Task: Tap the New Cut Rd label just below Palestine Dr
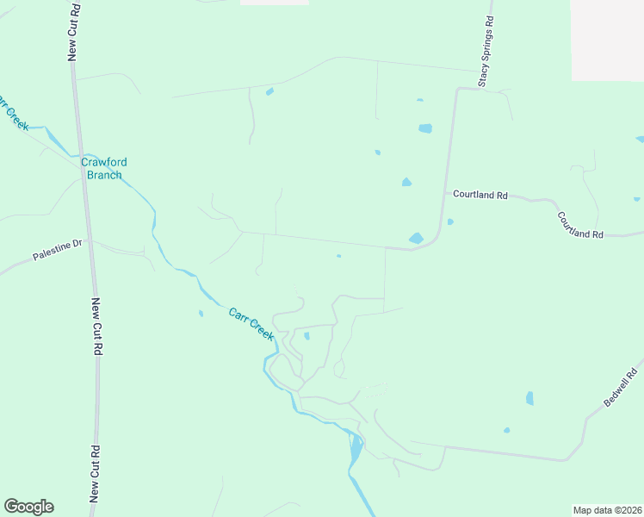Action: coord(98,327)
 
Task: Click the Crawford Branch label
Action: coord(102,168)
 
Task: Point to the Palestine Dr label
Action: coord(57,251)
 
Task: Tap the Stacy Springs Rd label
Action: coord(486,52)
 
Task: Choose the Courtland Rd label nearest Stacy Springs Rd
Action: coord(480,195)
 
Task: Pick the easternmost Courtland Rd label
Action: coord(579,225)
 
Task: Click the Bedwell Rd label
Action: coord(620,387)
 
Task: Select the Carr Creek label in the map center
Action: coord(251,323)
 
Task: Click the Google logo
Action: coord(28,507)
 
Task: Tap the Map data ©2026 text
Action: coord(607,509)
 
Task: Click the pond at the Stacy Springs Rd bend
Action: coord(417,238)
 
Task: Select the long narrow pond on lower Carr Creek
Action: coord(356,448)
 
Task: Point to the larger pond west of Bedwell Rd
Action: coord(529,398)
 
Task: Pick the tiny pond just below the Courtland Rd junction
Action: coord(450,221)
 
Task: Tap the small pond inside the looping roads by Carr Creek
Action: coord(307,336)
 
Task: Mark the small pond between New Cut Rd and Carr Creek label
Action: coord(201,314)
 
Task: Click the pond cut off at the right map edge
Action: coord(640,139)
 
